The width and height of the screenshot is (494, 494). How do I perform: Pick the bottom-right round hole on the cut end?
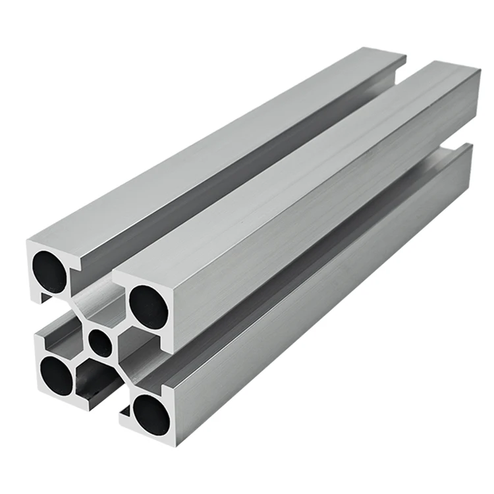[151, 410]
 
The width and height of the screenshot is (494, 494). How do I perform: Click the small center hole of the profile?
[100, 343]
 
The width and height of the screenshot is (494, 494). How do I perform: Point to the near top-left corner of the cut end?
[29, 242]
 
